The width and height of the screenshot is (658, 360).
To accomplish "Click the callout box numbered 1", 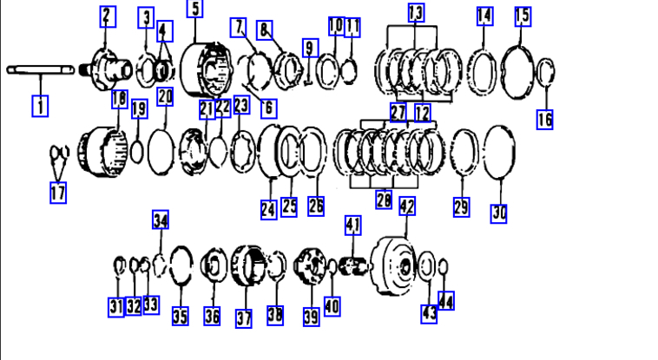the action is point(40,106).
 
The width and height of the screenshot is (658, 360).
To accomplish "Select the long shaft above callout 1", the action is point(41,70).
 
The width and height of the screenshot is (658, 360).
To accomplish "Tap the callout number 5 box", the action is point(194,9).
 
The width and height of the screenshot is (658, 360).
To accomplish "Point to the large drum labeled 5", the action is point(206,69).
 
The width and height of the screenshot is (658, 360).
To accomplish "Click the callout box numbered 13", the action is point(416,13).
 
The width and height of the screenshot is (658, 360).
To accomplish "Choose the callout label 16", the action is point(544,119).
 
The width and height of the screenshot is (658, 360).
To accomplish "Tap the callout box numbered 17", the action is point(58,193).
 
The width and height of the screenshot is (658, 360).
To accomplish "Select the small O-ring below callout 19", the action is point(137,152).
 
